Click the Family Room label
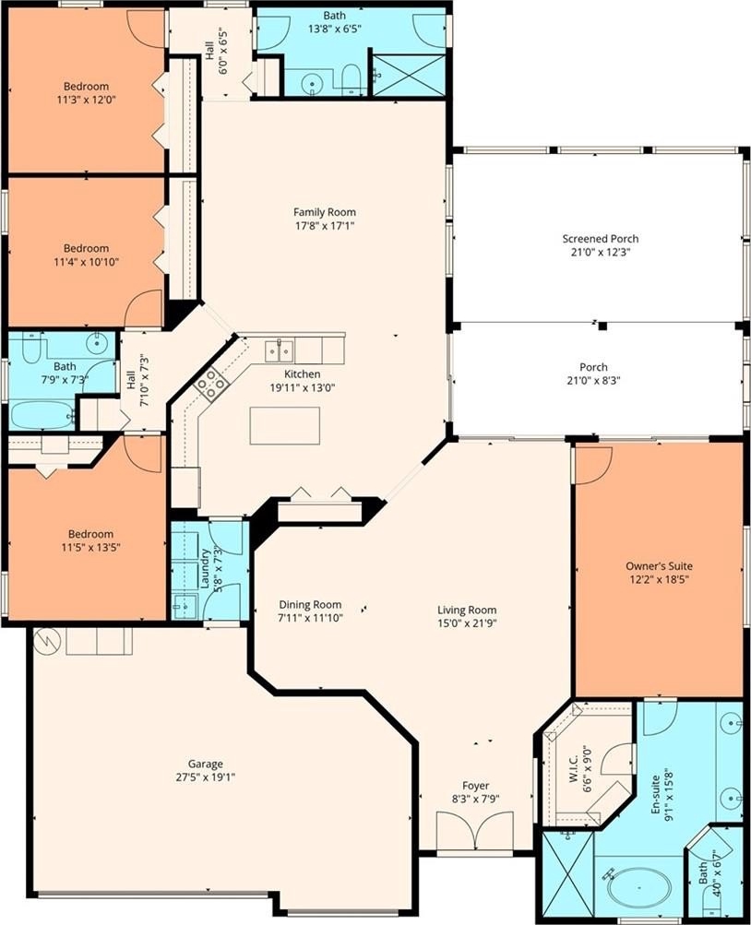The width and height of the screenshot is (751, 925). (325, 212)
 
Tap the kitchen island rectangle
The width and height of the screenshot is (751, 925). (285, 425)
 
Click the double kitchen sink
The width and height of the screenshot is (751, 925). (279, 351)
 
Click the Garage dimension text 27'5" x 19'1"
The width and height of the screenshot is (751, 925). (206, 777)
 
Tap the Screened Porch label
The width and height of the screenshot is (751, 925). (600, 239)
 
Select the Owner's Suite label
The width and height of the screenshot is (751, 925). (659, 566)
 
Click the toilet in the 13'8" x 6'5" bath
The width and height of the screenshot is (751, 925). (352, 79)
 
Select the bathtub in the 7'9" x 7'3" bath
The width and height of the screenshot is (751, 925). (42, 415)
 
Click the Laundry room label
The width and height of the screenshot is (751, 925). (206, 569)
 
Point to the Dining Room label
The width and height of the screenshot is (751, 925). (310, 605)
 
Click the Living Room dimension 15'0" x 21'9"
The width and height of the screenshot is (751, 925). (467, 623)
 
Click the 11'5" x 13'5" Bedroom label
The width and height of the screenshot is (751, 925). (90, 535)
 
